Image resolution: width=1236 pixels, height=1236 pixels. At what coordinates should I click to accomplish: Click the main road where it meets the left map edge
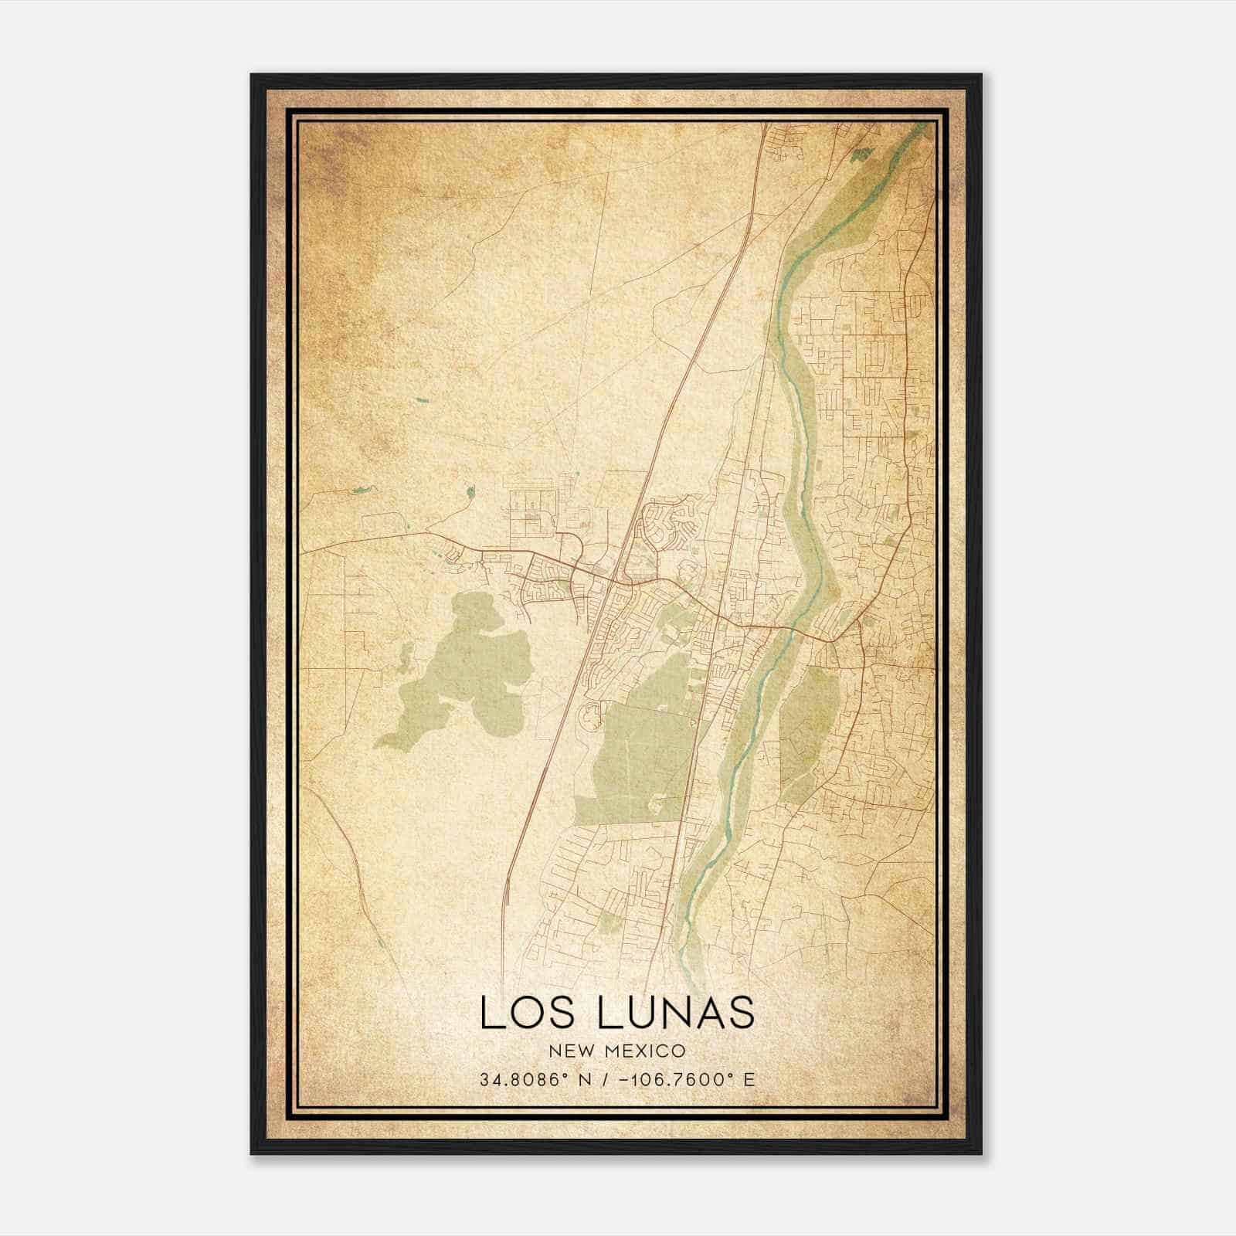302,551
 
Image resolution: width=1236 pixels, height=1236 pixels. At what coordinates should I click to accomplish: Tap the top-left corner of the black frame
252,75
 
